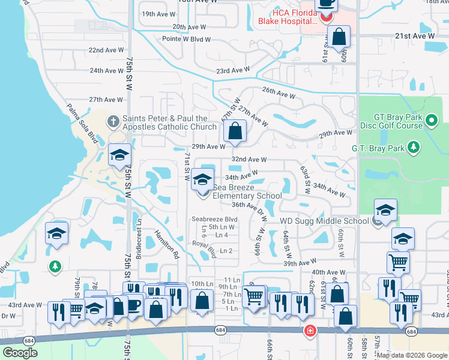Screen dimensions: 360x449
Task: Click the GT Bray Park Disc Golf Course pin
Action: click(x=431, y=122)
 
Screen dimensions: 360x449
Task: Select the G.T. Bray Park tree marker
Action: click(x=413, y=147)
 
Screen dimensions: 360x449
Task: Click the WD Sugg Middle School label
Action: click(x=324, y=221)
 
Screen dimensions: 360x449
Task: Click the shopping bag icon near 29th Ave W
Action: click(x=235, y=130)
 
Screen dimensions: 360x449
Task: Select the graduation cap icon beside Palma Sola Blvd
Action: click(x=119, y=155)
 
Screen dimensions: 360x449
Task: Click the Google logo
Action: click(x=20, y=353)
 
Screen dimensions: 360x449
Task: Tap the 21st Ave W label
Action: click(x=415, y=37)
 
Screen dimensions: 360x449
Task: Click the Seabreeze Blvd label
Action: click(x=215, y=220)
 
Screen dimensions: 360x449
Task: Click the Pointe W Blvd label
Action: click(x=187, y=40)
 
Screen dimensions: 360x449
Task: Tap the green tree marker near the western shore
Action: click(x=55, y=265)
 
